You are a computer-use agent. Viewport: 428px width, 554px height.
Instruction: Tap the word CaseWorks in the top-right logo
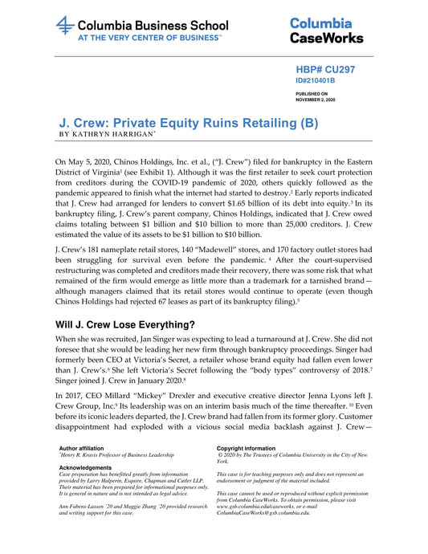click(x=326, y=37)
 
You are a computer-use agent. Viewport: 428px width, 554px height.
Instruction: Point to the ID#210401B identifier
click(x=316, y=81)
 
